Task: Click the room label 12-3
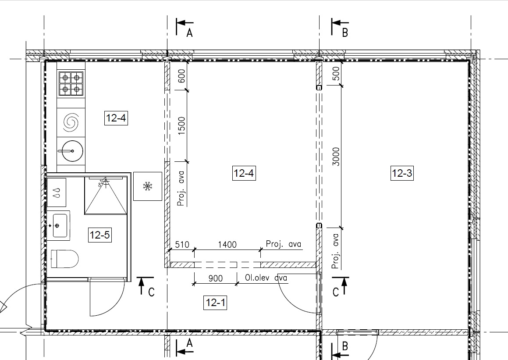(402, 173)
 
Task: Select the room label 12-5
(100, 235)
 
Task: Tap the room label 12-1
(215, 303)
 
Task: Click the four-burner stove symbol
(71, 83)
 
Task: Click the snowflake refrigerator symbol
(148, 186)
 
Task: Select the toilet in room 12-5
(65, 259)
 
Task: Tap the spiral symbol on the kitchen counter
(71, 122)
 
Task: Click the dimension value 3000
(336, 157)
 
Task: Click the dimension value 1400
(227, 244)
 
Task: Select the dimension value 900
(216, 278)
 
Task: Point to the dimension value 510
(182, 244)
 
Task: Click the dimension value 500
(336, 74)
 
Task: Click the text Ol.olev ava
(266, 278)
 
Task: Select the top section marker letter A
(189, 33)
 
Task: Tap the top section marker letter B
(345, 33)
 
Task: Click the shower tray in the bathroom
(106, 196)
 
